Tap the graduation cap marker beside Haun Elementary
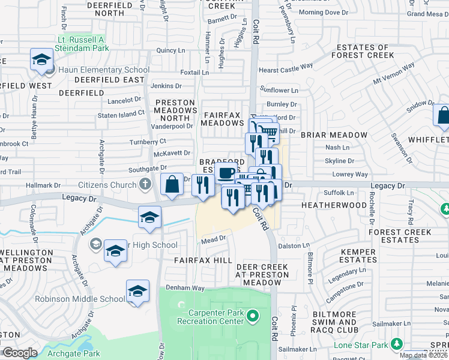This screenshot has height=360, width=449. (x=42, y=60)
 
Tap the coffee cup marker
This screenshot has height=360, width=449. (x=226, y=173)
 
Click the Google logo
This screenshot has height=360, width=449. (x=20, y=353)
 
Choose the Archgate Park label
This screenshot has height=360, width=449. (x=75, y=353)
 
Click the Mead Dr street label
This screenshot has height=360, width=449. (x=213, y=238)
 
